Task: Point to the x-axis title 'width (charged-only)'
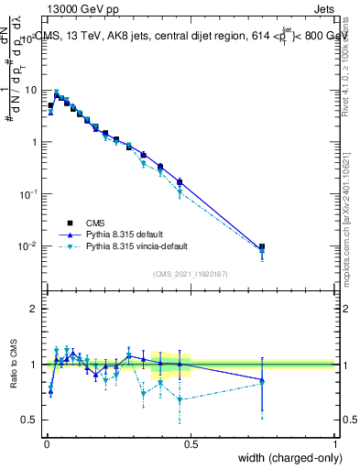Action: pyautogui.click(x=286, y=458)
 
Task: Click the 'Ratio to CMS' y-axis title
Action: pyautogui.click(x=12, y=365)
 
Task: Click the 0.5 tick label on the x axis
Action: pyautogui.click(x=191, y=442)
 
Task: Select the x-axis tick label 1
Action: pyautogui.click(x=335, y=442)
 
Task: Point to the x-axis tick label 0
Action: pyautogui.click(x=46, y=442)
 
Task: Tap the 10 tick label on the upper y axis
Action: pyautogui.click(x=30, y=91)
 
